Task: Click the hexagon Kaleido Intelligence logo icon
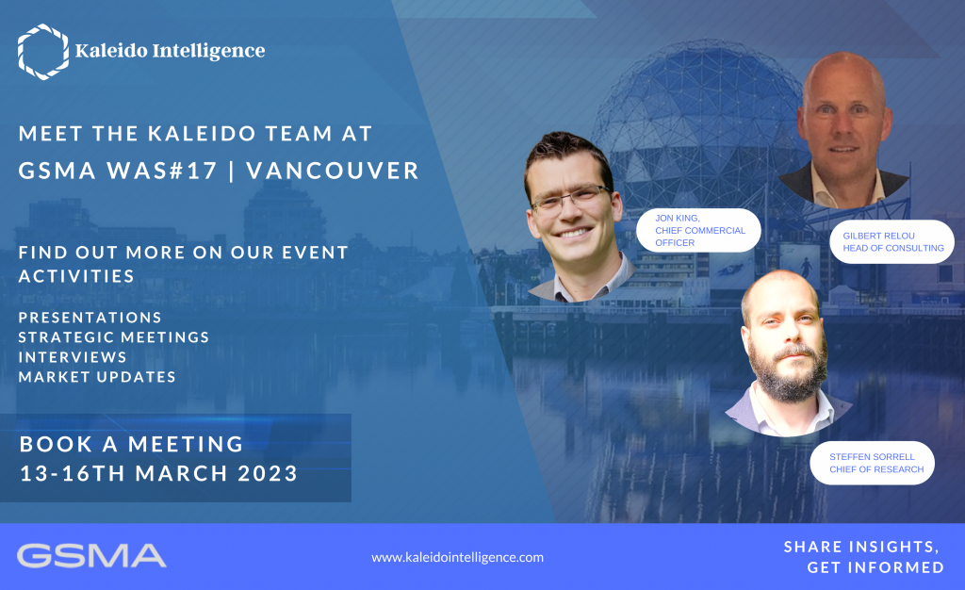pyautogui.click(x=43, y=52)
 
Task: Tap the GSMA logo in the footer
pyautogui.click(x=91, y=555)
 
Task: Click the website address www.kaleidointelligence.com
pyautogui.click(x=457, y=557)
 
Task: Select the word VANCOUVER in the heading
pyautogui.click(x=333, y=171)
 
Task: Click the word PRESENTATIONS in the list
pyautogui.click(x=90, y=318)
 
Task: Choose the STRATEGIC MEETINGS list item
pyautogui.click(x=114, y=337)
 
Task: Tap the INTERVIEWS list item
pyautogui.click(x=73, y=357)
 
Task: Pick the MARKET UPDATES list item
pyautogui.click(x=97, y=376)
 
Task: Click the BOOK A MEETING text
pyautogui.click(x=132, y=444)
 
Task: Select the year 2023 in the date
pyautogui.click(x=268, y=473)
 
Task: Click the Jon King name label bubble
pyautogui.click(x=698, y=230)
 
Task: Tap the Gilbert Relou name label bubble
pyautogui.click(x=891, y=242)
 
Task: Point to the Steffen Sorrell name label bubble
pyautogui.click(x=872, y=463)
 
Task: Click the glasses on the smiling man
pyautogui.click(x=570, y=199)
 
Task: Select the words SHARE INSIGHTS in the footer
pyautogui.click(x=861, y=547)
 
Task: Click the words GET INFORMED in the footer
pyautogui.click(x=875, y=567)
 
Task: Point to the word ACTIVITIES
pyautogui.click(x=76, y=276)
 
